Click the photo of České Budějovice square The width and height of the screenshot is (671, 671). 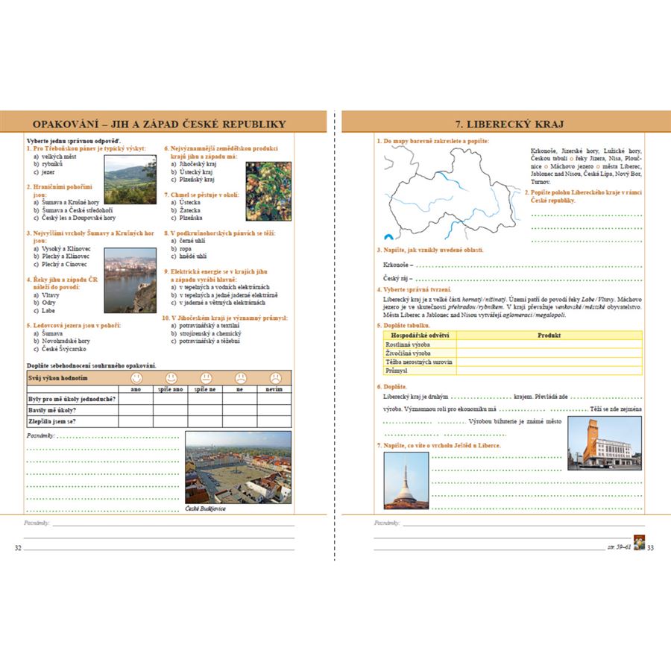pos(238,467)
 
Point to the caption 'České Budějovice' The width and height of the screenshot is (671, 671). pos(205,508)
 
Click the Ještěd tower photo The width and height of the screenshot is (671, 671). pos(406,481)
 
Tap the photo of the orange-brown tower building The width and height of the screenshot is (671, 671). pos(604,443)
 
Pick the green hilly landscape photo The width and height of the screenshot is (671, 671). pos(130,179)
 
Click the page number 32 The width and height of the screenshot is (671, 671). pos(18,548)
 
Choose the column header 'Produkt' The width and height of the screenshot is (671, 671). pos(549,335)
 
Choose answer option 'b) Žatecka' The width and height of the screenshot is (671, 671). pos(186,211)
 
